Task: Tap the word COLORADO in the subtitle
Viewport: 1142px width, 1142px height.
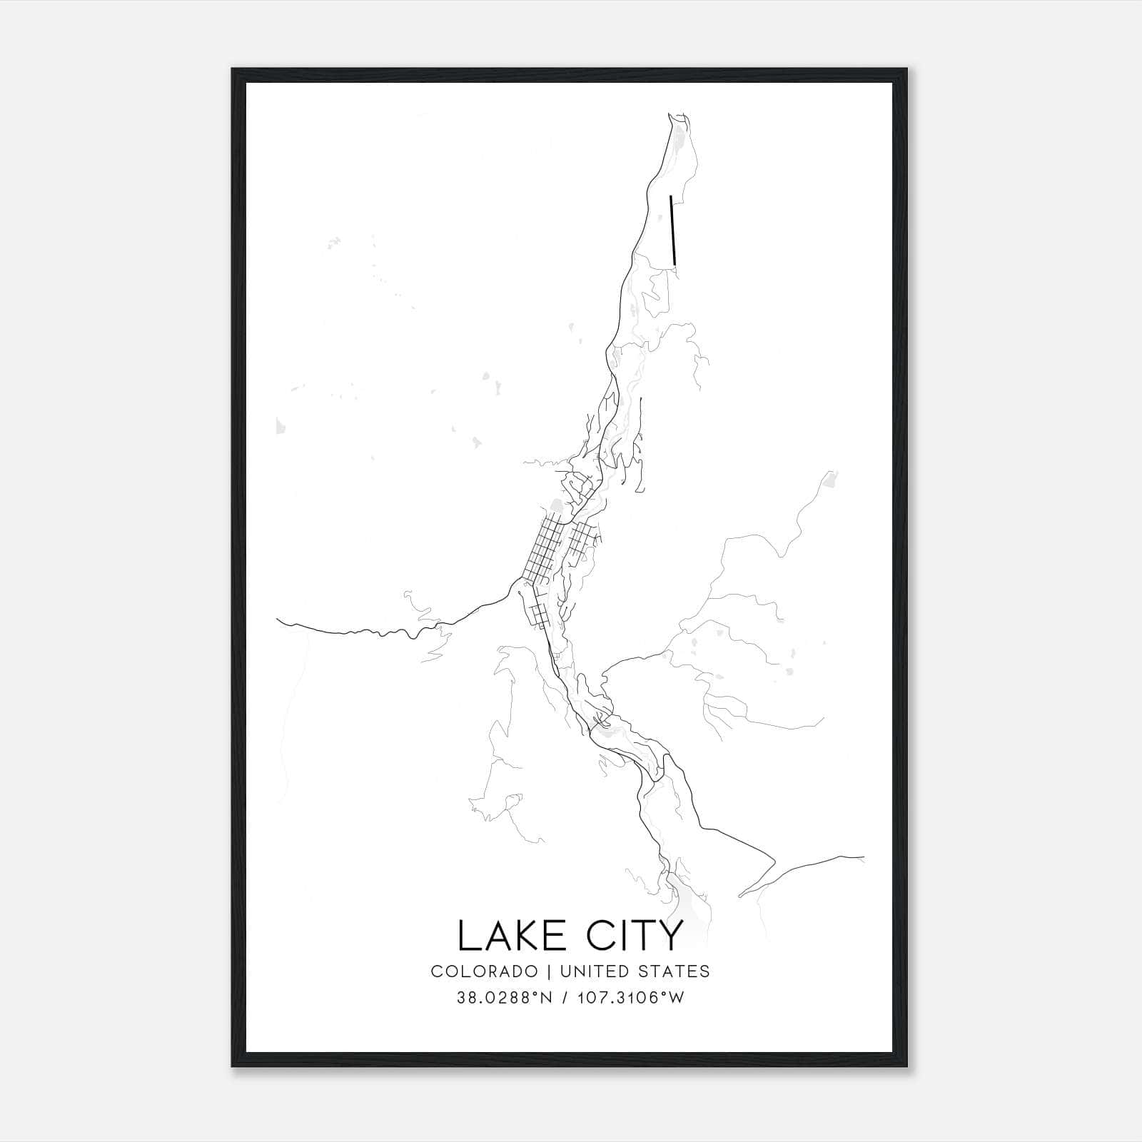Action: coord(484,971)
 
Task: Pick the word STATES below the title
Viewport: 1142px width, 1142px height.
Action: coord(674,971)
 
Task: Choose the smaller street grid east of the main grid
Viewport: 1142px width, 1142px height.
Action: coord(582,539)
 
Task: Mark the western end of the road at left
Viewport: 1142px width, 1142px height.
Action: coord(278,620)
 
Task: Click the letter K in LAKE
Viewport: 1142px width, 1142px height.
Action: coord(522,936)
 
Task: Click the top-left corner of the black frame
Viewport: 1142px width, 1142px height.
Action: coord(233,69)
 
